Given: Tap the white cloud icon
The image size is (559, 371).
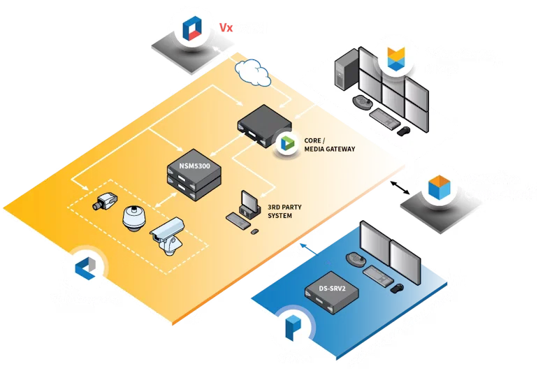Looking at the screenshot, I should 252,70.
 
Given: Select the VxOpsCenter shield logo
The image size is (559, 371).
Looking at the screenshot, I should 397,60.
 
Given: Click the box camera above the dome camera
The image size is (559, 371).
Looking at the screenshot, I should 108,201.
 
